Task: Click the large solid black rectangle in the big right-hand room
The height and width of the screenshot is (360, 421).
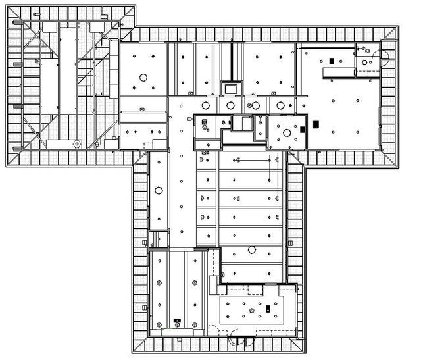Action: [316, 123]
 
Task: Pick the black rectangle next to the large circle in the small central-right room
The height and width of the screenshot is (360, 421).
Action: [303, 130]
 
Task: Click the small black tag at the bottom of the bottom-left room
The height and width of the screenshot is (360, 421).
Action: [176, 321]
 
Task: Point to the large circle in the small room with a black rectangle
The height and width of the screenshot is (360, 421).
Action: [287, 133]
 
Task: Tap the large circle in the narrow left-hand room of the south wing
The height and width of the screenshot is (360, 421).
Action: [159, 191]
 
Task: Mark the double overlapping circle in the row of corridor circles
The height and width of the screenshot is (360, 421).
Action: [252, 105]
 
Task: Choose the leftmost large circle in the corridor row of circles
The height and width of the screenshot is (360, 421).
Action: [205, 105]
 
